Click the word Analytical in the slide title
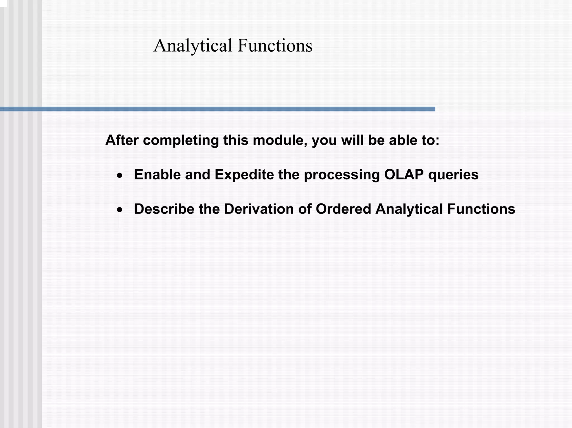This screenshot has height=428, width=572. [193, 45]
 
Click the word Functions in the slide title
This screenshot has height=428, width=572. [275, 45]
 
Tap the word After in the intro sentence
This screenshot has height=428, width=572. [122, 140]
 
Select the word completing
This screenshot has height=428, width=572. [181, 141]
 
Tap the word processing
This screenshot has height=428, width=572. [342, 175]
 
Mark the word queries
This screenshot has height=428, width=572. [453, 175]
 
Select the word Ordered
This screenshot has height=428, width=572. [343, 209]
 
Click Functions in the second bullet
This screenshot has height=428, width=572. [481, 209]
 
